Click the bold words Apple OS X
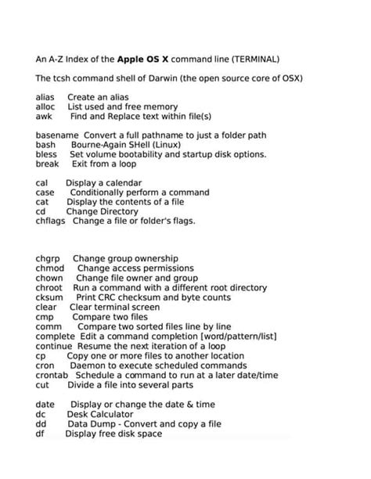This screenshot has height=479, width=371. (x=146, y=59)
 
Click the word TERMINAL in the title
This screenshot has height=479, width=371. (x=247, y=59)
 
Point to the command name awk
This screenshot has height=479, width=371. (x=44, y=116)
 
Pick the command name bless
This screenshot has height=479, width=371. (x=46, y=154)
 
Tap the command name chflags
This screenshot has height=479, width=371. (x=51, y=221)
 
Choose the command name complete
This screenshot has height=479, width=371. (x=55, y=336)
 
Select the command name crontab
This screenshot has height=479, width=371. (x=53, y=376)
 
